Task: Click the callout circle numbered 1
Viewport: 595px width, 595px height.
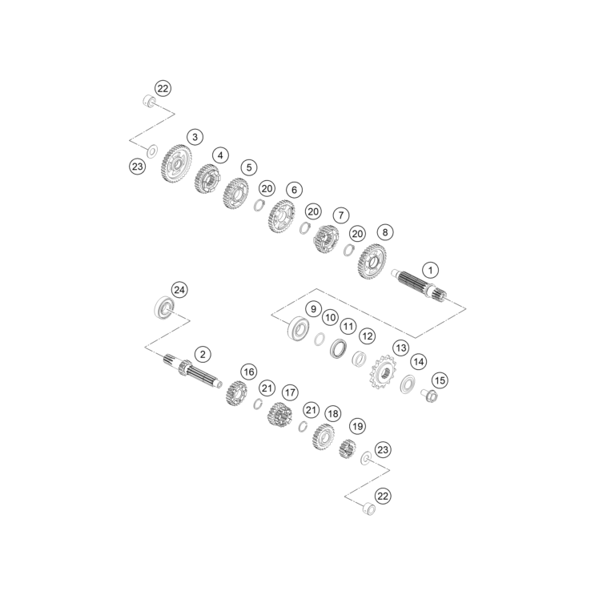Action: [430, 270]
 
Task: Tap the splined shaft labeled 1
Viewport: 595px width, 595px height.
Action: [419, 285]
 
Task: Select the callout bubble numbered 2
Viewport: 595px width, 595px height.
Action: [203, 355]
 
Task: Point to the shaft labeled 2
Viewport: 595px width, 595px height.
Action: [193, 371]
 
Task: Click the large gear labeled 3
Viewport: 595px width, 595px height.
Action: [179, 163]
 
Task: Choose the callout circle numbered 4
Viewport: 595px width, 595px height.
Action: [220, 155]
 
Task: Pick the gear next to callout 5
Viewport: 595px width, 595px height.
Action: [235, 194]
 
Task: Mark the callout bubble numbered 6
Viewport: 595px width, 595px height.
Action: [294, 190]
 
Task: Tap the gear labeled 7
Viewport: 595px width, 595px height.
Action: [326, 239]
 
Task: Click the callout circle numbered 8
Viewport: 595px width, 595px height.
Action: [384, 232]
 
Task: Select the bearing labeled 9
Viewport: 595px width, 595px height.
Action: [298, 328]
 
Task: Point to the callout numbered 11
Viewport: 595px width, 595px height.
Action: [348, 326]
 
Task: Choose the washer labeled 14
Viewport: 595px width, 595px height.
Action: [408, 384]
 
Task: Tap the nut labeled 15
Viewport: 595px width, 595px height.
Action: [429, 396]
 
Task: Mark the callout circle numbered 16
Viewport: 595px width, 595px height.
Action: [249, 372]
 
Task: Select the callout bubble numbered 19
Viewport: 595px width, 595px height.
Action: [357, 426]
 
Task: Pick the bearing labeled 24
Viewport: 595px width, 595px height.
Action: [165, 308]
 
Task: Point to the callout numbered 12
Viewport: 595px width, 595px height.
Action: [367, 336]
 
